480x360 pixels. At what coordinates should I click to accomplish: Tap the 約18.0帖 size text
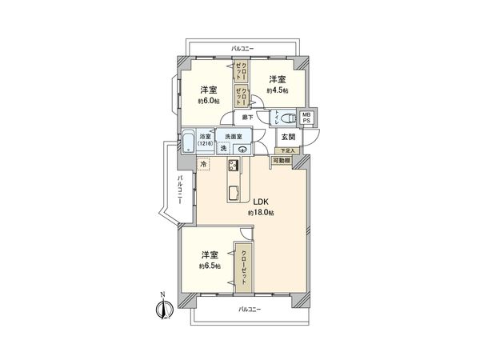point(262,214)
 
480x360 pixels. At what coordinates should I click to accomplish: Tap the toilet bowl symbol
point(286,118)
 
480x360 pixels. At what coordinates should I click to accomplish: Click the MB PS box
point(307,117)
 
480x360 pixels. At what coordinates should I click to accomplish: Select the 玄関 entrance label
point(287,137)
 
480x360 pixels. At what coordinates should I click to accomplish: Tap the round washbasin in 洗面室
point(240,148)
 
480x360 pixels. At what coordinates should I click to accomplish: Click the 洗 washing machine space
point(223,149)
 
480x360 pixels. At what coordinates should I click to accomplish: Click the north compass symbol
point(163,307)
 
